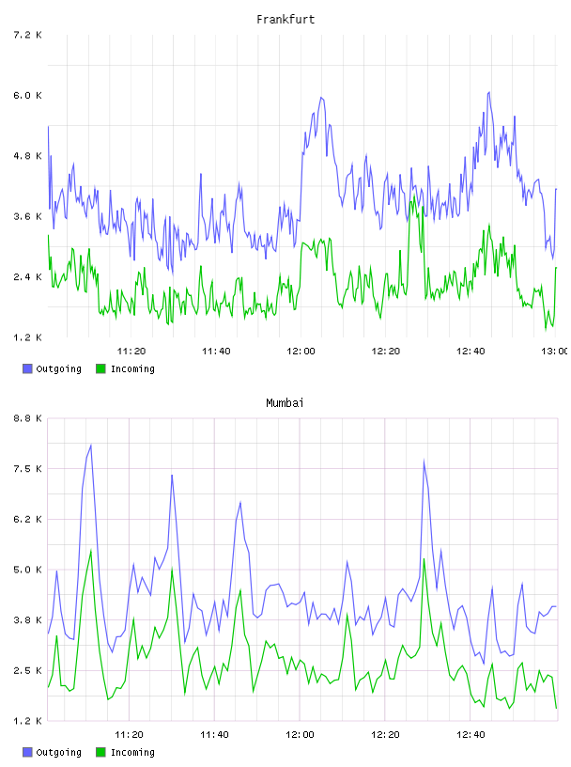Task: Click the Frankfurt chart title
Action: click(x=285, y=20)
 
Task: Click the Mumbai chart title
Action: click(x=285, y=403)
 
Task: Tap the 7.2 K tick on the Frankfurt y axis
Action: click(x=27, y=35)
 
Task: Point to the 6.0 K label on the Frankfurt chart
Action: click(x=27, y=95)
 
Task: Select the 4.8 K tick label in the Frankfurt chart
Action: click(x=27, y=156)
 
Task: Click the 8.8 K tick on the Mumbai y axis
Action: click(x=27, y=418)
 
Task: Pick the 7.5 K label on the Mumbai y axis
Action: click(x=27, y=469)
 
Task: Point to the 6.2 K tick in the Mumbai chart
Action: click(x=27, y=519)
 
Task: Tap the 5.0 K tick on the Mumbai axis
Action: click(x=27, y=570)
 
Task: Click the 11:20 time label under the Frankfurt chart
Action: click(x=131, y=351)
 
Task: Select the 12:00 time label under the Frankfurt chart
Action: click(x=301, y=351)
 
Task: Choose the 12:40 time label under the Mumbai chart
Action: click(x=471, y=734)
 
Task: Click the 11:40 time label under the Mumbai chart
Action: click(x=214, y=734)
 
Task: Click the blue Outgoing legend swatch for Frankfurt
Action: click(x=27, y=368)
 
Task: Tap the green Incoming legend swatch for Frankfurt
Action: click(x=100, y=368)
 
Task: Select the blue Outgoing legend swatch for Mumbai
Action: click(x=27, y=752)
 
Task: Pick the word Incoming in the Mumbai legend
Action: click(x=132, y=752)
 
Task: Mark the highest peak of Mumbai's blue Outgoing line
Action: click(x=91, y=446)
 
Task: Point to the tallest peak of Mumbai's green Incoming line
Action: click(x=91, y=550)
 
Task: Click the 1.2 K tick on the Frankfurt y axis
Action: click(x=27, y=337)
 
